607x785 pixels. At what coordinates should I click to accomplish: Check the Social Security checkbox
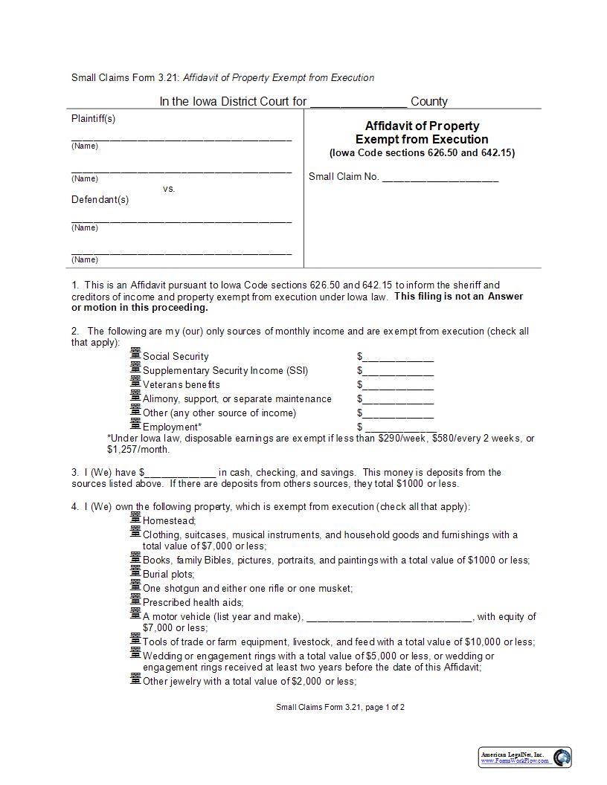tap(135, 353)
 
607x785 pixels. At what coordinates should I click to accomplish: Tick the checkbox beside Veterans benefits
tap(135, 381)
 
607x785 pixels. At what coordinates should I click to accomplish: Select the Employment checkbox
tap(135, 424)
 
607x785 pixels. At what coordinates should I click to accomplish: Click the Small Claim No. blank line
tap(440, 178)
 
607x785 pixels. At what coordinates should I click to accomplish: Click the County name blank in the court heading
tap(358, 103)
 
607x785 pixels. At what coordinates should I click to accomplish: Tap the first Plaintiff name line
tap(182, 138)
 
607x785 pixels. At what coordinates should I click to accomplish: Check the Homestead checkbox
tap(135, 517)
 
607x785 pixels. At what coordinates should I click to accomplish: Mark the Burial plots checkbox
tap(135, 571)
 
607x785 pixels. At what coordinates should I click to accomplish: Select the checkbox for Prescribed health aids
tap(135, 599)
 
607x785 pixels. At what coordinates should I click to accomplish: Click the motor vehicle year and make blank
tap(388, 617)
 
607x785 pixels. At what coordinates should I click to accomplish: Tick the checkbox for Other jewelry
tap(135, 678)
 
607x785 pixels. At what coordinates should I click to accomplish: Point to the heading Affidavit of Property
tap(422, 126)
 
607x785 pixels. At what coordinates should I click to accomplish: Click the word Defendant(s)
tap(100, 200)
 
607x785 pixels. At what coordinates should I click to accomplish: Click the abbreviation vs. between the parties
tap(169, 189)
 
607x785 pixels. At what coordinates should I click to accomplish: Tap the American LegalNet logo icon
tap(562, 757)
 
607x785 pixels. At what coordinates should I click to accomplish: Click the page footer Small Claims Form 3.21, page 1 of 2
tap(340, 708)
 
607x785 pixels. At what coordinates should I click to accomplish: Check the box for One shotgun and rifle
tap(135, 585)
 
